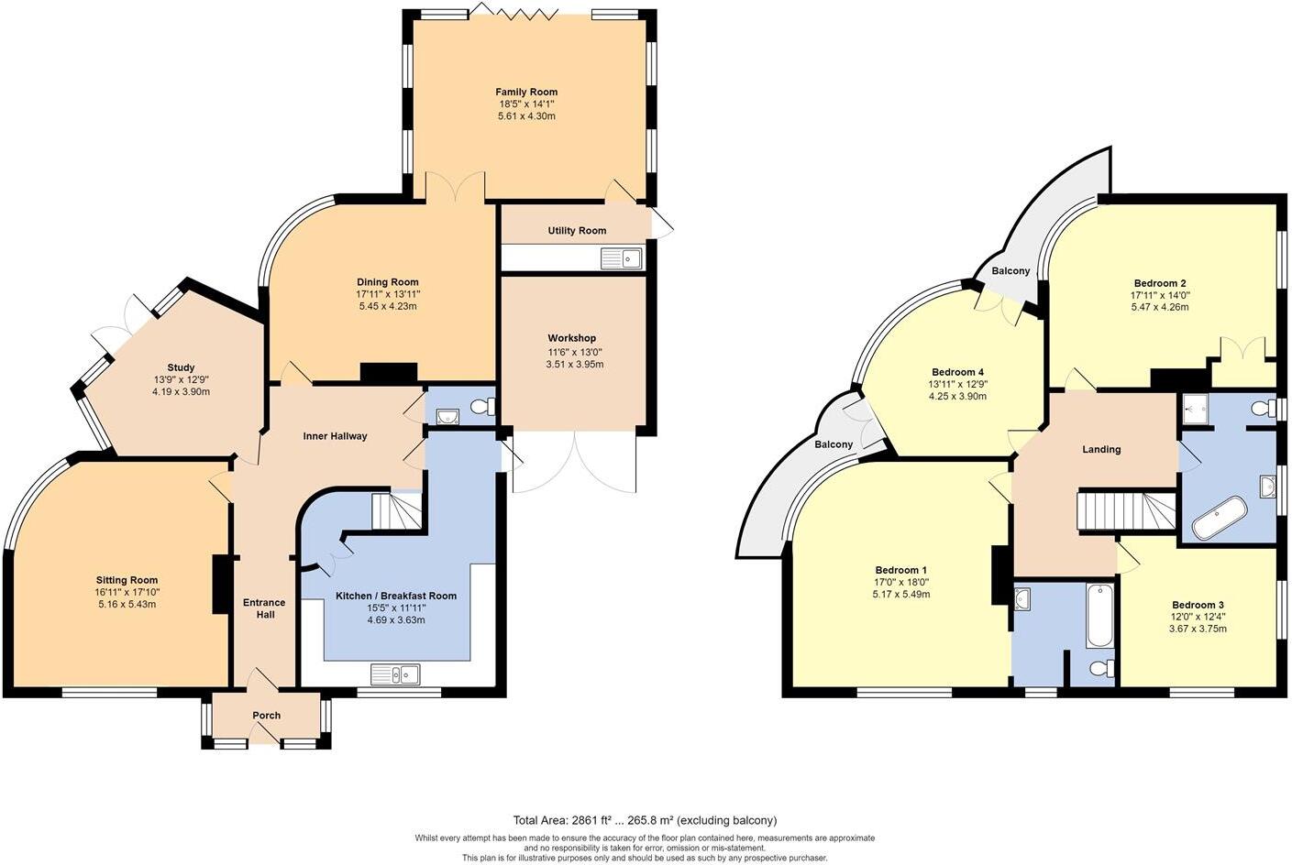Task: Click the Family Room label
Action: (526, 92)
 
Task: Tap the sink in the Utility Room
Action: (622, 258)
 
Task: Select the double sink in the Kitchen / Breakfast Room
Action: (395, 674)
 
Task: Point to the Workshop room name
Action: (572, 338)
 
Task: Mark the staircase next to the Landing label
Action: (1126, 510)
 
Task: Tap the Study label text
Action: (181, 367)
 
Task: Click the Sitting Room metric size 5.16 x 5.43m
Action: (127, 604)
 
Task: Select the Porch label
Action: (267, 716)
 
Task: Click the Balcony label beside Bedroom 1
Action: (834, 444)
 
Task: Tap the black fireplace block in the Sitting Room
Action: (220, 584)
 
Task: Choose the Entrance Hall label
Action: (264, 608)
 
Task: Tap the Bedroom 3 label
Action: (1198, 605)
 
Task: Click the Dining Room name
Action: (388, 282)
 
